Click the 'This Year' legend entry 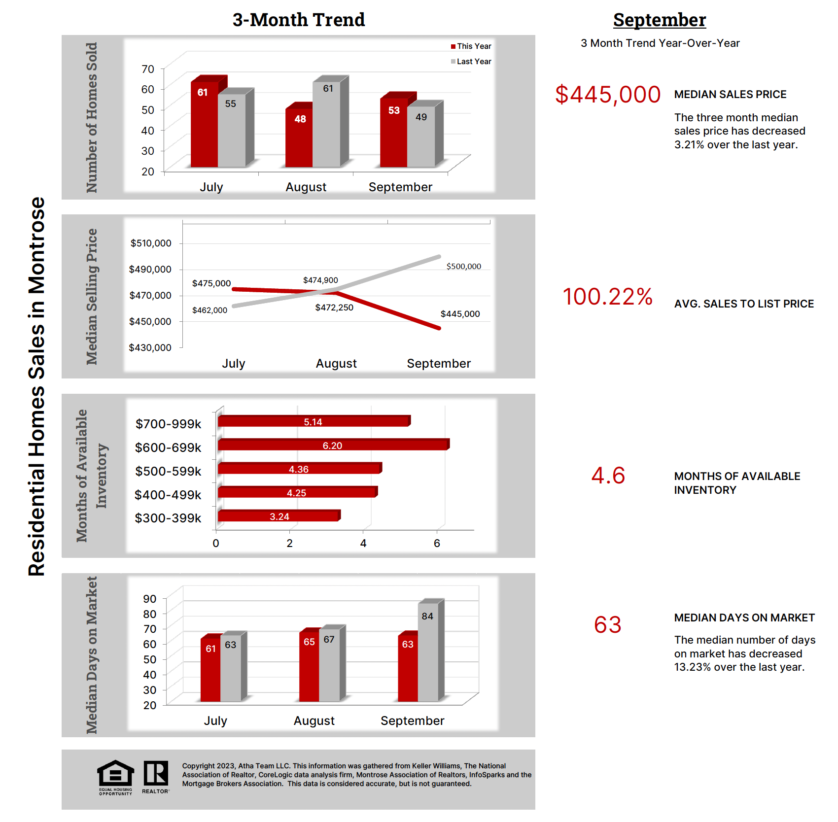tap(471, 46)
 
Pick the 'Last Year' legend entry tap(471, 62)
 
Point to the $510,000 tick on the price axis tap(151, 243)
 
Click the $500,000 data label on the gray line tap(463, 267)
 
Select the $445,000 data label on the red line tap(460, 314)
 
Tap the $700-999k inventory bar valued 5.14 tap(313, 422)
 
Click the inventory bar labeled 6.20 tap(333, 445)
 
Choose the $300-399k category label tap(168, 518)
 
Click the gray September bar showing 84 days tap(428, 651)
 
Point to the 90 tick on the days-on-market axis tap(150, 599)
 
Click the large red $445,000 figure tap(608, 95)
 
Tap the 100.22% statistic tap(608, 297)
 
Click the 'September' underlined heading tap(660, 20)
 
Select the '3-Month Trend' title tap(299, 20)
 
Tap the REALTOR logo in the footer tap(156, 776)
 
